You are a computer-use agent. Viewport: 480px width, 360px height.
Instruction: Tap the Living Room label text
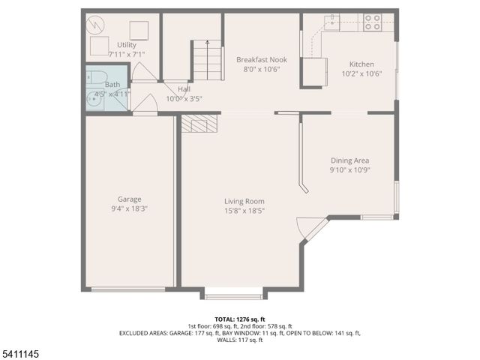click(244, 201)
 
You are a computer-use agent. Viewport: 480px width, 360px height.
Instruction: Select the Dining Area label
click(350, 160)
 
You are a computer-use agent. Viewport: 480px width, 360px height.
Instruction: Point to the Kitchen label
click(357, 64)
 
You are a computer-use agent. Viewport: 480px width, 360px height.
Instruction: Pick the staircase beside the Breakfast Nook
click(207, 61)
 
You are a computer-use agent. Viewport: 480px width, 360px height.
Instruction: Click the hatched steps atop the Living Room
click(199, 124)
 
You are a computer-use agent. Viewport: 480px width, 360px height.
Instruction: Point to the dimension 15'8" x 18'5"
click(244, 211)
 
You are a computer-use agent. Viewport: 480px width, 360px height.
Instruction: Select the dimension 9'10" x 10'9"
click(350, 170)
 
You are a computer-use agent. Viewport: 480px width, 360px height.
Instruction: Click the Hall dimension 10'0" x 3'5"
click(184, 98)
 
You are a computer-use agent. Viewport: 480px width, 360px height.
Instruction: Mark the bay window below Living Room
click(233, 295)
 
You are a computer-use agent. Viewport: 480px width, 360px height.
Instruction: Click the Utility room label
click(127, 45)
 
